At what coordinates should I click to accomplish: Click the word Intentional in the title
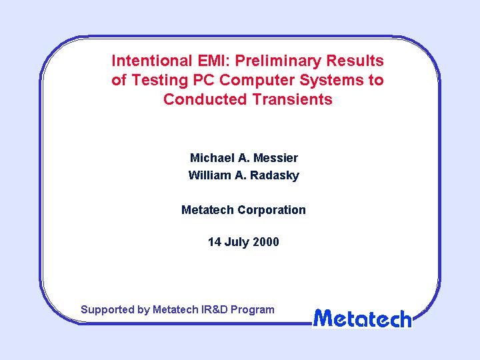click(152, 61)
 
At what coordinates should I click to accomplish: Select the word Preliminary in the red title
click(277, 61)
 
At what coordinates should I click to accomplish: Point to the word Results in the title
click(355, 61)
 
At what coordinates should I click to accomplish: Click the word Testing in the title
click(159, 81)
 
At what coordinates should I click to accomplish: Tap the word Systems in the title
click(331, 81)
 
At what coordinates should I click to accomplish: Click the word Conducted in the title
click(205, 99)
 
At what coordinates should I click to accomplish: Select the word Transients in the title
click(293, 99)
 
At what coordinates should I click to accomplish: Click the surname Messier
click(275, 158)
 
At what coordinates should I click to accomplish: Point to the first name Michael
click(212, 158)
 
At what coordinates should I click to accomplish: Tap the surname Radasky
click(275, 175)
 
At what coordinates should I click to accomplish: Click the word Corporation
click(271, 210)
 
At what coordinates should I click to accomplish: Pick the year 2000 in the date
click(266, 242)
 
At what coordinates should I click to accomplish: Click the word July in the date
click(236, 242)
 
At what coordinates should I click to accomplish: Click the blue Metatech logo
click(362, 319)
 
